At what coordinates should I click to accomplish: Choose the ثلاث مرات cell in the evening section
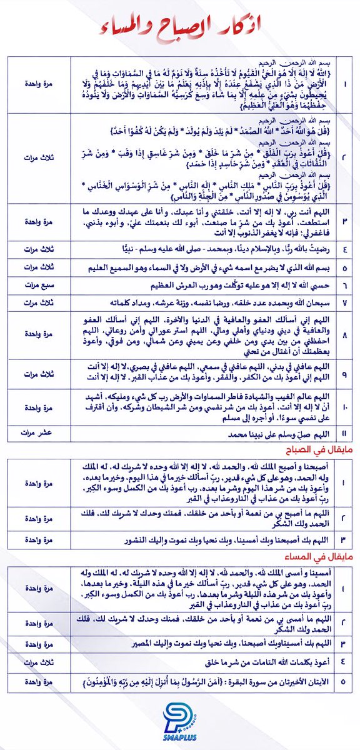[x=39, y=661]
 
